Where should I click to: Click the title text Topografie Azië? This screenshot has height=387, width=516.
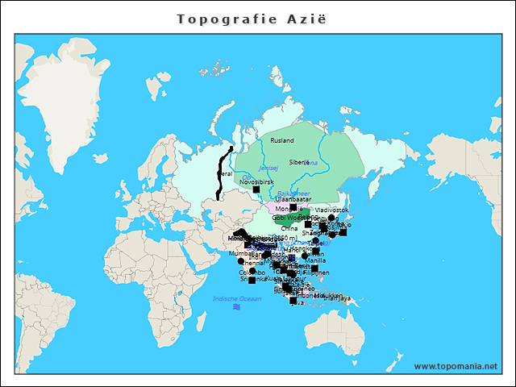click(x=252, y=18)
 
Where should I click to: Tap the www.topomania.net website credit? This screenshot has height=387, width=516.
click(x=456, y=366)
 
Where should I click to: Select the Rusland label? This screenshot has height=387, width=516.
click(x=282, y=140)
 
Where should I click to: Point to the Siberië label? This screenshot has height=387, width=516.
click(x=298, y=162)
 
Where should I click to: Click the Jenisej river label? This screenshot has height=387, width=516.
click(x=268, y=168)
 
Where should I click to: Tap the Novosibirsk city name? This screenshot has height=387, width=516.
click(x=256, y=182)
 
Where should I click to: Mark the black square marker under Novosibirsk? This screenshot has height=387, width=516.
click(x=256, y=190)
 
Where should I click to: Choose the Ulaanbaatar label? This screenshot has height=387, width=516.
click(x=293, y=198)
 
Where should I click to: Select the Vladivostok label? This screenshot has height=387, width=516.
click(x=331, y=210)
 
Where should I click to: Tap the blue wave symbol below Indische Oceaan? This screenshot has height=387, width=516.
click(x=236, y=307)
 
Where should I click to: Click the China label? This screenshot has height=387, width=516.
click(x=289, y=228)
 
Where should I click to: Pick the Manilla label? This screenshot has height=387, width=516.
click(x=316, y=260)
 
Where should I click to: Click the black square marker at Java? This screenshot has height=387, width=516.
click(x=294, y=301)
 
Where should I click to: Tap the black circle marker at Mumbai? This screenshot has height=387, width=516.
click(x=240, y=261)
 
